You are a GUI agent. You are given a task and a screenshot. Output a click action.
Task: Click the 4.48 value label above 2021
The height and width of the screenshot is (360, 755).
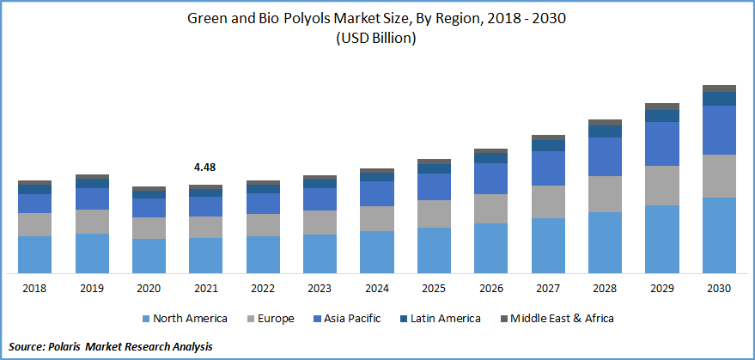205,168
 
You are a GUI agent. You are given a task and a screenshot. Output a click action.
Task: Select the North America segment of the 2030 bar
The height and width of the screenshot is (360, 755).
719,235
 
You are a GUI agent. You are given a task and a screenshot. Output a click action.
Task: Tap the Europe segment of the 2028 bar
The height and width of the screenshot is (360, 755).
605,194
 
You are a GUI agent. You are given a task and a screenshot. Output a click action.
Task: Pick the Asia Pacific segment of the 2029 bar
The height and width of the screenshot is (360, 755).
661,143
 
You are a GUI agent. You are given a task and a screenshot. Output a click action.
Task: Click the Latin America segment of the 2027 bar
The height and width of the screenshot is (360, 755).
548,145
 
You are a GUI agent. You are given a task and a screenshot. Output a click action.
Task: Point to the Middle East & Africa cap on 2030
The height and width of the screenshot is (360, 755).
719,88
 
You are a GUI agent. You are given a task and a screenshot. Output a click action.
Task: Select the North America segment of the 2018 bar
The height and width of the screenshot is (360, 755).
35,254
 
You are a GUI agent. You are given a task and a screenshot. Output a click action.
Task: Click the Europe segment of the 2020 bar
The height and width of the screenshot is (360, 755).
149,228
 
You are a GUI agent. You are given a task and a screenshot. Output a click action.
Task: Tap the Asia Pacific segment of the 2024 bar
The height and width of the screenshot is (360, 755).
377,193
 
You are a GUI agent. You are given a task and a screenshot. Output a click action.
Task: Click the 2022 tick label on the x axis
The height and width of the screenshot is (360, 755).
263,289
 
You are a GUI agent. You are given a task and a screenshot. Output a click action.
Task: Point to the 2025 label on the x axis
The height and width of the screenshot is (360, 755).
434,289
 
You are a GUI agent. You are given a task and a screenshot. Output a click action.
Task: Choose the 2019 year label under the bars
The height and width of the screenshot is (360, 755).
92,289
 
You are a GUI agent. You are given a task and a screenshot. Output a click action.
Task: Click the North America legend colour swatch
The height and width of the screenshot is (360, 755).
146,319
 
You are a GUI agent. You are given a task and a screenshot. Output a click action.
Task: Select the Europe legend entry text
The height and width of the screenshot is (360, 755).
275,319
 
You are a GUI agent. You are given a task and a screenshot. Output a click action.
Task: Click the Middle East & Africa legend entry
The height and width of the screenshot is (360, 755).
561,319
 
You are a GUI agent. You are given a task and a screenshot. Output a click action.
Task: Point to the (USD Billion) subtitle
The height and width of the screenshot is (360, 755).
377,39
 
